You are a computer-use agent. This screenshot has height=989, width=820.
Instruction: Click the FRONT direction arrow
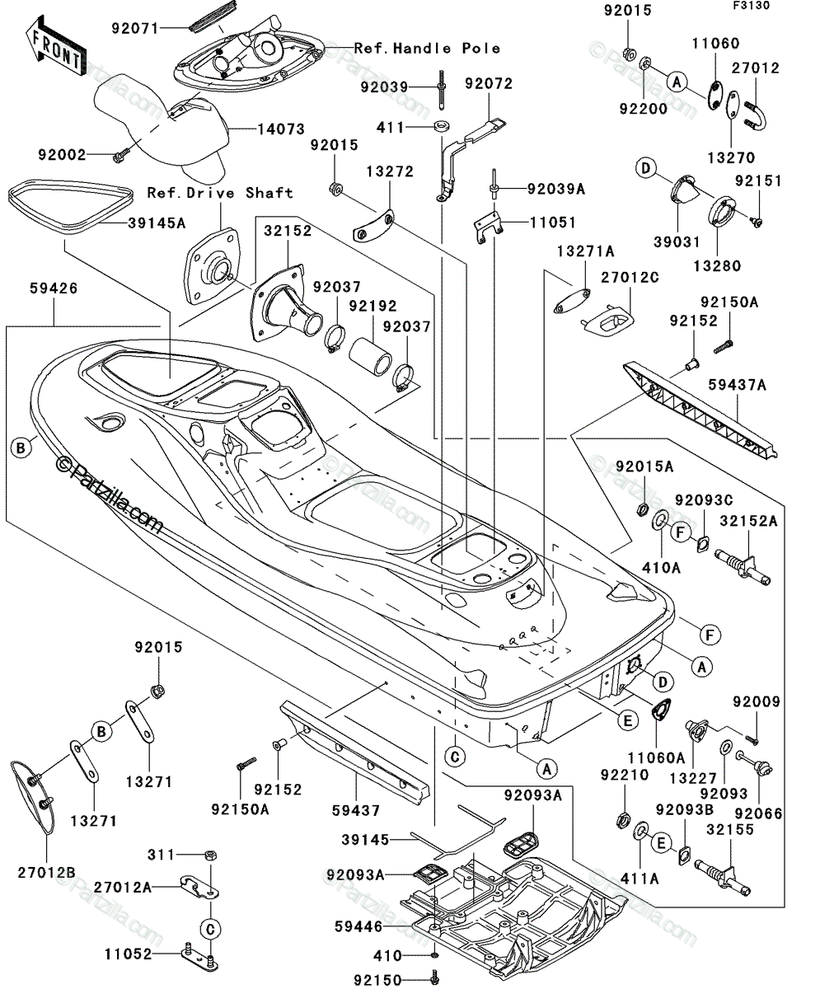point(55,46)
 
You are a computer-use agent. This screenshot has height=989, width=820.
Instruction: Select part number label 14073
point(281,129)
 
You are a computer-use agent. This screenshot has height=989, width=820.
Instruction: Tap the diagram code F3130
point(752,5)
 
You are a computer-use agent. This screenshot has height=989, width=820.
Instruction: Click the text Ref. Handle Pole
point(427,48)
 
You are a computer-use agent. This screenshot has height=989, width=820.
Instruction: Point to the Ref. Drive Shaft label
point(220,192)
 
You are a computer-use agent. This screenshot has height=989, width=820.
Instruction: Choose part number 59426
point(54,288)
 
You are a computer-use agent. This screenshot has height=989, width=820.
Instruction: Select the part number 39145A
point(157,223)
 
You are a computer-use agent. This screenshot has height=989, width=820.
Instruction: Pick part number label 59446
point(358,926)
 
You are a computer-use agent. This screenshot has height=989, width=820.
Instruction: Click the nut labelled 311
point(211,855)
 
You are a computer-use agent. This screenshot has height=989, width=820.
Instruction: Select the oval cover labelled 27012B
point(33,797)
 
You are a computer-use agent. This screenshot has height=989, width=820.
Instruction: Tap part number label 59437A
point(737,385)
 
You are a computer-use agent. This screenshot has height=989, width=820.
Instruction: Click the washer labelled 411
point(442,126)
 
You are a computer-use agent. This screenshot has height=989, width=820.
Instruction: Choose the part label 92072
point(489,83)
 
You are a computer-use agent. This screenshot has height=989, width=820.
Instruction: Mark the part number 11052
point(129,954)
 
